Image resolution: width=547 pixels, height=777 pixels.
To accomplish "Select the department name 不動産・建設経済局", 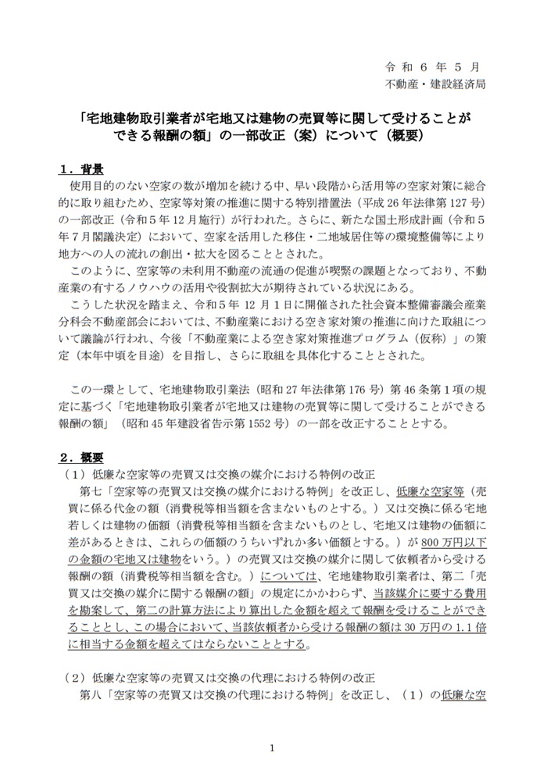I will point(434,84).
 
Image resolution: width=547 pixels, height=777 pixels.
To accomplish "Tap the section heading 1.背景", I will point(83,169).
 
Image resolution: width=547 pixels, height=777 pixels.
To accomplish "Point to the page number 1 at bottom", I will point(273,747).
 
